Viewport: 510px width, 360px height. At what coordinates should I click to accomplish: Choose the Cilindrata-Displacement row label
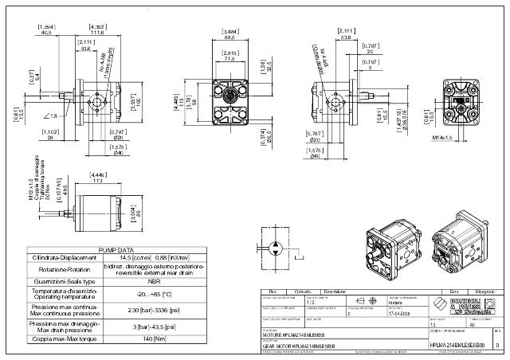coord(64,257)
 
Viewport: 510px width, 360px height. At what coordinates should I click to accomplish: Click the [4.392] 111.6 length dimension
coord(99,31)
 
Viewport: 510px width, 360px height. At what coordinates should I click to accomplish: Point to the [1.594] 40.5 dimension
coord(46,29)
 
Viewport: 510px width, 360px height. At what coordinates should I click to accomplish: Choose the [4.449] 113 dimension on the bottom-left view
coord(99,176)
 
